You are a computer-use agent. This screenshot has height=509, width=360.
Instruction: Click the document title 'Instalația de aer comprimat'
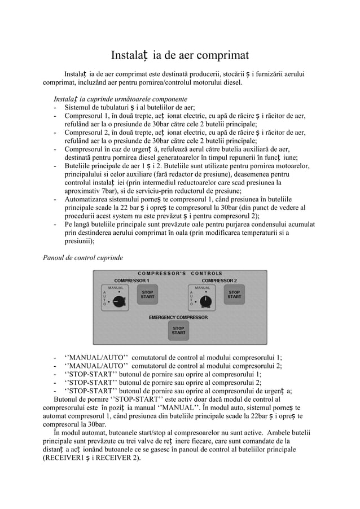[179, 55]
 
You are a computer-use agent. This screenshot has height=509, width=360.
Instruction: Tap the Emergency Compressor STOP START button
[178, 330]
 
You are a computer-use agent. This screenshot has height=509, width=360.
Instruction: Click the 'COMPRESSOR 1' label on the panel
[132, 280]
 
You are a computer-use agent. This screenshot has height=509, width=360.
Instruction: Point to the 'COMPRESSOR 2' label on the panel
[219, 280]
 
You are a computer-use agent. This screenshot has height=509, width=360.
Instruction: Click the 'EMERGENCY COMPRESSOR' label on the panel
[178, 317]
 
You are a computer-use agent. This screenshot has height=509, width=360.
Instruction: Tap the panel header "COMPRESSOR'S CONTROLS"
[180, 274]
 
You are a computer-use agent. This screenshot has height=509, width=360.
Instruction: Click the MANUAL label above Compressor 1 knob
[116, 288]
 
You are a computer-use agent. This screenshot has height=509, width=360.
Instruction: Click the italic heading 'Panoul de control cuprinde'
[82, 258]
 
